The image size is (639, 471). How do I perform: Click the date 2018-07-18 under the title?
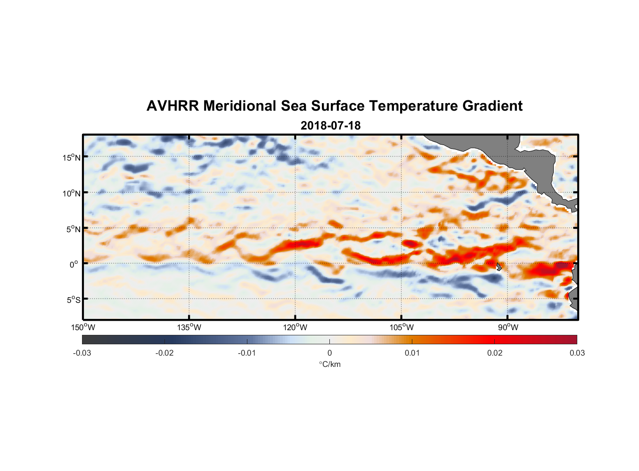click(x=330, y=126)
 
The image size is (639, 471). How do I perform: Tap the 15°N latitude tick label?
click(x=72, y=157)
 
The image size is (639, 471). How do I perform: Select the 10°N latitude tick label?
click(x=72, y=193)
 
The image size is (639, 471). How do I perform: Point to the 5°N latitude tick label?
click(x=73, y=229)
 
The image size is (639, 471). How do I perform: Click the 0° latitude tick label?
click(x=74, y=264)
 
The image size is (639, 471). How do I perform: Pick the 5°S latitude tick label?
click(x=73, y=300)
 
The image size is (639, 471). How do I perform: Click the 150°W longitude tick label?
click(x=83, y=327)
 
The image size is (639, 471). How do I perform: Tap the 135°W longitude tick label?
click(x=189, y=327)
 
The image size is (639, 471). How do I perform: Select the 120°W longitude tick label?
click(x=295, y=327)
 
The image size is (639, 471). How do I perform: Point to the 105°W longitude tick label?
click(x=402, y=327)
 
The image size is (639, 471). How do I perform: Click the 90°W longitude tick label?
click(x=508, y=327)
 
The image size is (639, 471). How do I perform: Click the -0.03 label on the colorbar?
click(x=82, y=353)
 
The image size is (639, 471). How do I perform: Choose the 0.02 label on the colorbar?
click(x=495, y=353)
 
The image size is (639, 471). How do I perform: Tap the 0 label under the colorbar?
click(x=329, y=353)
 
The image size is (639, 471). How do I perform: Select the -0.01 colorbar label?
click(x=247, y=353)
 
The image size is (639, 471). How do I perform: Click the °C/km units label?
click(x=330, y=364)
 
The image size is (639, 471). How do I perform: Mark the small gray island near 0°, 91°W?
click(x=499, y=267)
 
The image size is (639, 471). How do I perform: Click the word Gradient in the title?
click(x=492, y=106)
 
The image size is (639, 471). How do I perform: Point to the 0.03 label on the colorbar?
click(x=577, y=353)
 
